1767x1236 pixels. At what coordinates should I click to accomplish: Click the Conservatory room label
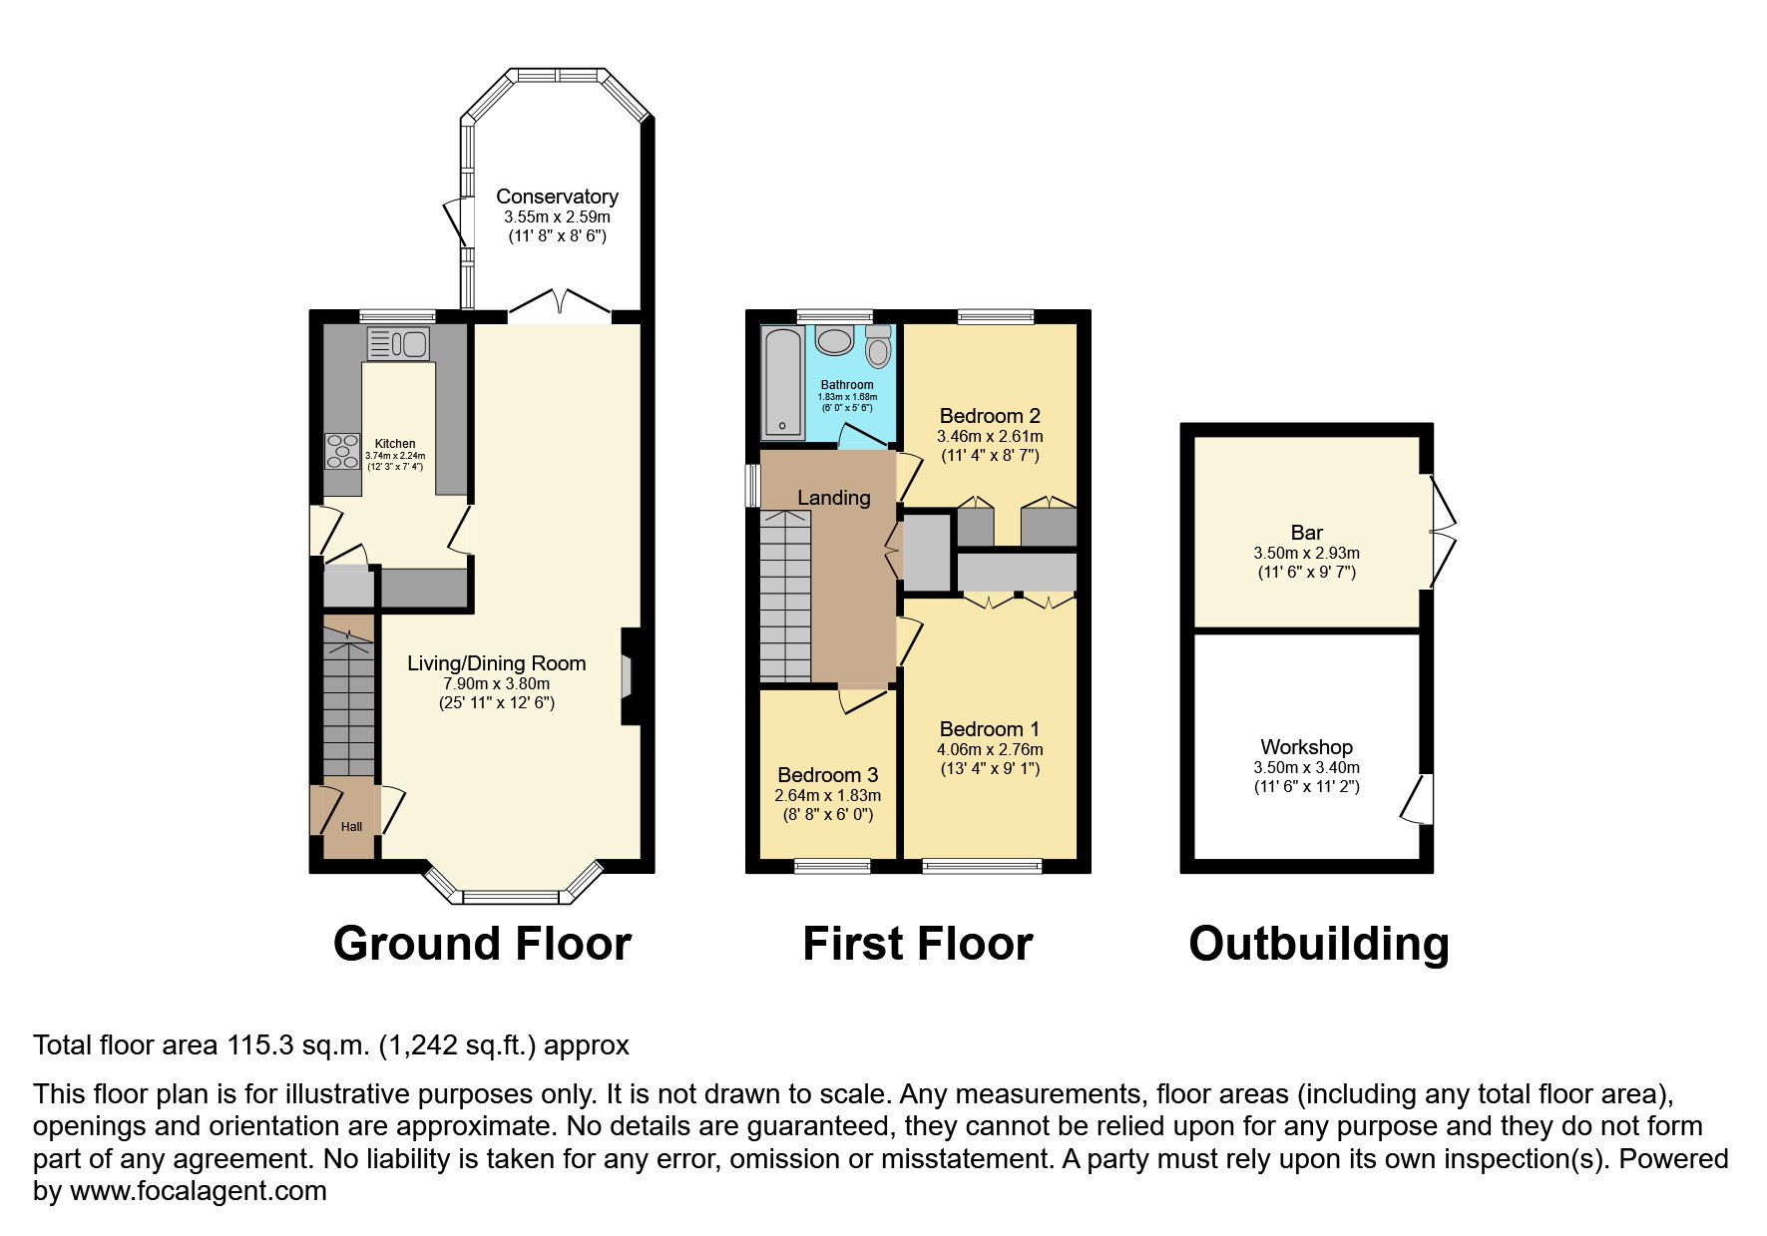click(x=557, y=197)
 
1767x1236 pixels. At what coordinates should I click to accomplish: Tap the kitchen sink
click(x=398, y=344)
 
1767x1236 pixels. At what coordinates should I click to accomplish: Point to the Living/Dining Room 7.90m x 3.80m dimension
click(x=497, y=683)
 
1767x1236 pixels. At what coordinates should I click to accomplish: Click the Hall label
click(x=351, y=827)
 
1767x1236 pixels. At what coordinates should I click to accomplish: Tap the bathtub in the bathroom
click(x=783, y=383)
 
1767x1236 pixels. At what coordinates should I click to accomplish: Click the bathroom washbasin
click(x=834, y=342)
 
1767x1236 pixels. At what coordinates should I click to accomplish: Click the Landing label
click(x=833, y=498)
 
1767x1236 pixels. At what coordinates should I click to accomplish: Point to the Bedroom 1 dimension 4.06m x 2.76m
click(x=990, y=749)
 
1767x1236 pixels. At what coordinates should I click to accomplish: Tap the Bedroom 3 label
click(x=827, y=775)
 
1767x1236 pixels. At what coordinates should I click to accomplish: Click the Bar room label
click(x=1306, y=533)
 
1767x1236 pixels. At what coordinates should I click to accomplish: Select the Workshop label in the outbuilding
click(x=1306, y=747)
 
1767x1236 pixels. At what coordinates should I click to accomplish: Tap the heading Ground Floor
click(x=482, y=944)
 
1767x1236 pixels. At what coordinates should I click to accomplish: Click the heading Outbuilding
click(x=1318, y=944)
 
